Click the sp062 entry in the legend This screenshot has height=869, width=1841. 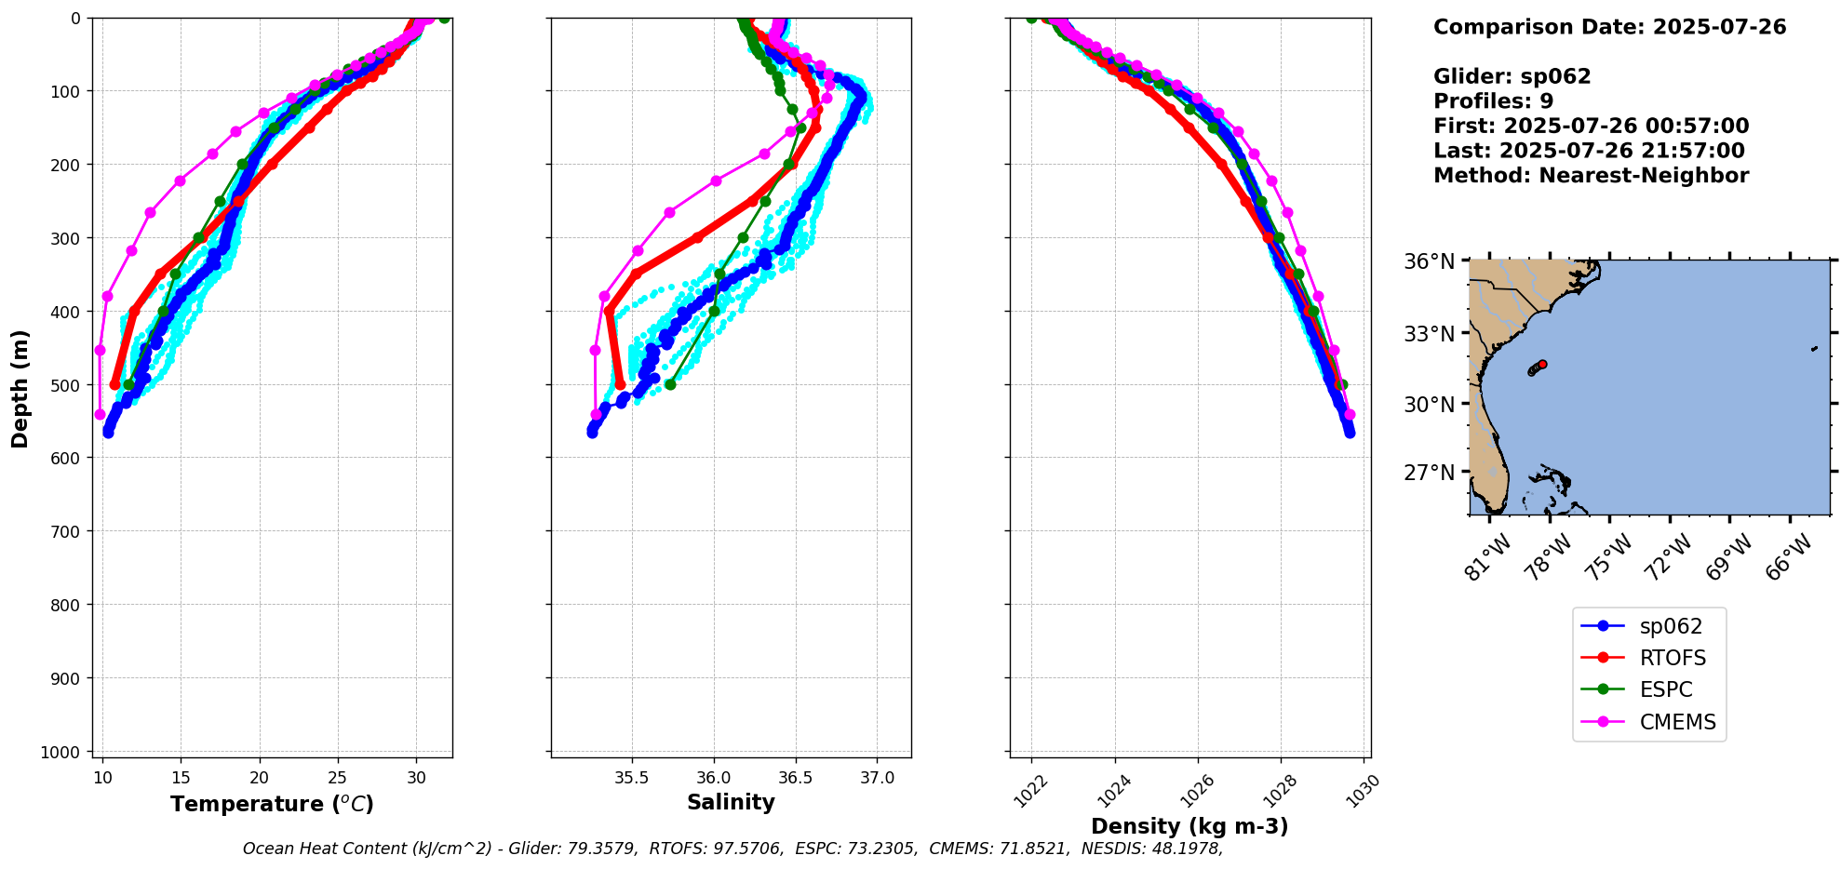pyautogui.click(x=1670, y=627)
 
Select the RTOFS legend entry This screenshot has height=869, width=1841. pyautogui.click(x=1672, y=659)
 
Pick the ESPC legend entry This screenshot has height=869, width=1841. pyautogui.click(x=1665, y=690)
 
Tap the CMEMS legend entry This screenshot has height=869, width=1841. pyautogui.click(x=1676, y=722)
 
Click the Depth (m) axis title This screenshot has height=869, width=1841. pyautogui.click(x=20, y=388)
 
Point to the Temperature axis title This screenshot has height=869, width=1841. pyautogui.click(x=272, y=804)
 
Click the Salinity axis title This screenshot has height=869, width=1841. pyautogui.click(x=731, y=802)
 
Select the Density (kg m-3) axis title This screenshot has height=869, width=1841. pyautogui.click(x=1189, y=826)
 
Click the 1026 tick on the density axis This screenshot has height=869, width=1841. pyautogui.click(x=1197, y=792)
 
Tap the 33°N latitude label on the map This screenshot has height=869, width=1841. pyautogui.click(x=1429, y=333)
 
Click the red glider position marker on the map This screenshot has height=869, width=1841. pyautogui.click(x=1542, y=364)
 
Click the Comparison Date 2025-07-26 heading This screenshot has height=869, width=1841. pyautogui.click(x=1609, y=27)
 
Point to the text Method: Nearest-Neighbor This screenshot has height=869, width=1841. pyautogui.click(x=1591, y=176)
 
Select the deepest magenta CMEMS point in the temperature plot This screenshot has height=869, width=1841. pyautogui.click(x=101, y=414)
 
